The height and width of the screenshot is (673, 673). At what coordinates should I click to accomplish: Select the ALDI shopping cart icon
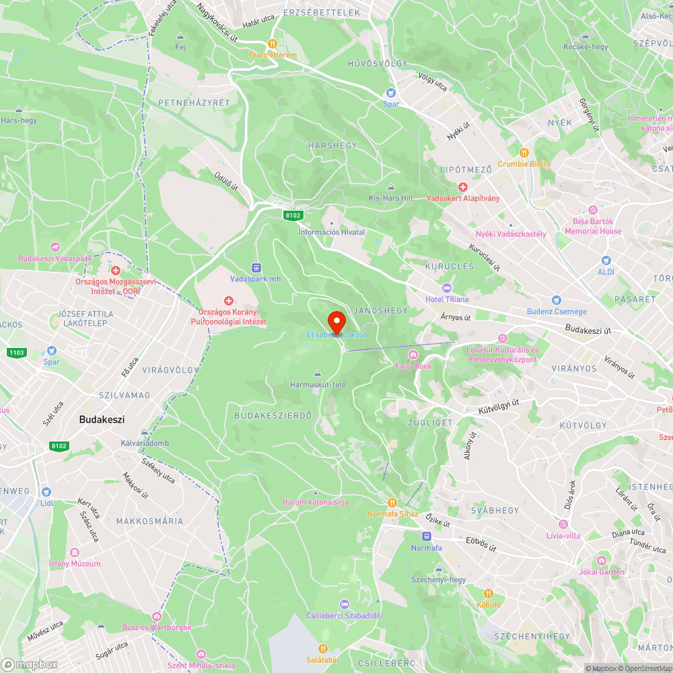pos(606,260)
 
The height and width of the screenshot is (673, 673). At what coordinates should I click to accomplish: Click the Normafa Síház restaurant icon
pos(392,502)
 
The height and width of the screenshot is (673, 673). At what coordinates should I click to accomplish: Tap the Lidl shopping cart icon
pos(46,492)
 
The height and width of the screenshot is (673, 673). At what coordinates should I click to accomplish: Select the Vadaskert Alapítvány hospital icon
pos(463,186)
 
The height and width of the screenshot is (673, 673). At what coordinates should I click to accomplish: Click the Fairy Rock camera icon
pos(413,355)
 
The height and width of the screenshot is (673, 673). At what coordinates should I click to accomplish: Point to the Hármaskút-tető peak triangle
pos(318,374)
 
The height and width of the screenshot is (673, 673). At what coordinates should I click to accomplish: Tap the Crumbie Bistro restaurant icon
pos(524,152)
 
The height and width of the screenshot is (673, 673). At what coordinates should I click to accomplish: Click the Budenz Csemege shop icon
pos(556,300)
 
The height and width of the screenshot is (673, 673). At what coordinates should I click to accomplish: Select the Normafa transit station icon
pos(426,536)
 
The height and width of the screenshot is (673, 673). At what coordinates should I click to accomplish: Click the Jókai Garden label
pos(601,572)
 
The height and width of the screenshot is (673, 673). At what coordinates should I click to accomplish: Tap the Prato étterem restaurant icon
pos(272,44)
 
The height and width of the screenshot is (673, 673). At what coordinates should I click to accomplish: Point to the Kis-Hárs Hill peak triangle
pos(391,187)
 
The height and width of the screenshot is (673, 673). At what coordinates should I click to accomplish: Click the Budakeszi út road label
pos(588,330)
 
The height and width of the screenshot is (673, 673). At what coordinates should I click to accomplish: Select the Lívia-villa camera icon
pos(563,524)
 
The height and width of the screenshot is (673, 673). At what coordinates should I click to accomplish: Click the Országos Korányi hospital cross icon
pos(228,299)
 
